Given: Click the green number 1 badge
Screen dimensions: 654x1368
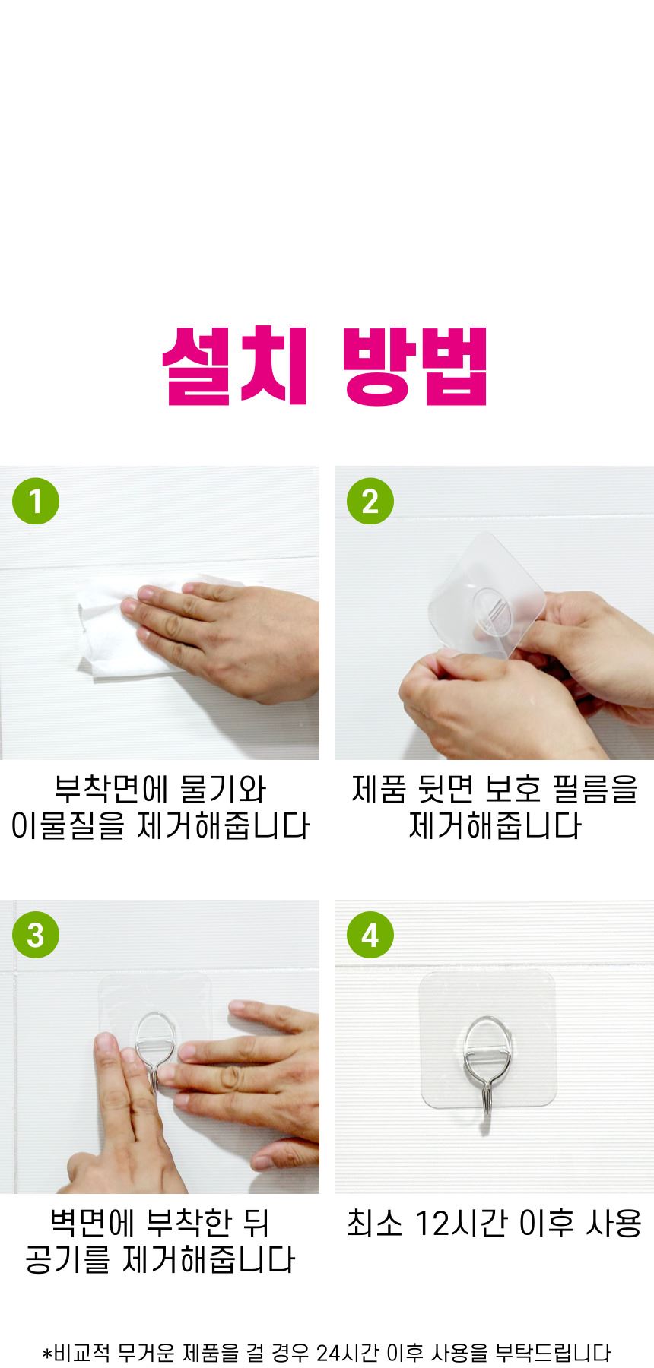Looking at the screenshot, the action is tap(36, 501).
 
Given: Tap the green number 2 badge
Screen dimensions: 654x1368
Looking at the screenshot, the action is tap(370, 501).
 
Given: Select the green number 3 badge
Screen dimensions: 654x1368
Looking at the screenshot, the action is tap(36, 935).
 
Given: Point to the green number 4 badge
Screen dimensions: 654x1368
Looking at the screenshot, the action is tap(370, 935).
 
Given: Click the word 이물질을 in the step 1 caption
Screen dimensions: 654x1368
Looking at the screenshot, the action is tap(68, 825).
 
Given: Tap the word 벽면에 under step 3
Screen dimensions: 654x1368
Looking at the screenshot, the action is tap(92, 1223).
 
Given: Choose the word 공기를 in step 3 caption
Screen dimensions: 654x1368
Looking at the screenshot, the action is tap(68, 1259).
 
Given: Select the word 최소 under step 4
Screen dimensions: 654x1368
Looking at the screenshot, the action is tap(374, 1224).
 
